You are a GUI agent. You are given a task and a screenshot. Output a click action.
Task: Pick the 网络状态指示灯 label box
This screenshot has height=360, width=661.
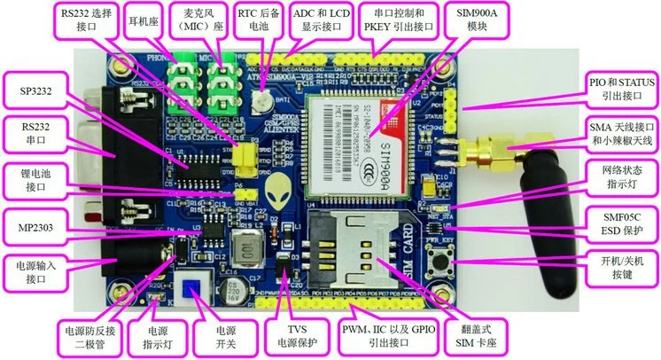622,182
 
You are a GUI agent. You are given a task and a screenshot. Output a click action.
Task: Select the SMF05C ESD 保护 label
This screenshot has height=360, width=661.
622,224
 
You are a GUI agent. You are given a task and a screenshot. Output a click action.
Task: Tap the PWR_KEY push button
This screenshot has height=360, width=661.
437,261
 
